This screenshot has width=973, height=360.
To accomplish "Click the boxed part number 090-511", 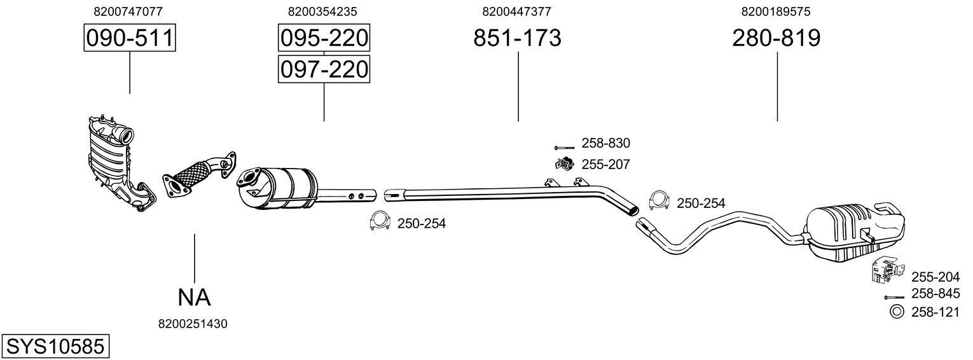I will [130, 38].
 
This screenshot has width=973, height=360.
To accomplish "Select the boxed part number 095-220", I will [324, 38].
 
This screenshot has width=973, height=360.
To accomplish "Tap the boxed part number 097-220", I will [324, 69].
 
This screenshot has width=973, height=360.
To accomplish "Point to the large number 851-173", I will [517, 38].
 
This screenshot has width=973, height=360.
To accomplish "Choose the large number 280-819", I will [776, 38].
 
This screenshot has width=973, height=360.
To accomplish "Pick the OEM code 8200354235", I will [322, 11].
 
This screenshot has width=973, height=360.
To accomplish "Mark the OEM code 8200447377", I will [516, 11].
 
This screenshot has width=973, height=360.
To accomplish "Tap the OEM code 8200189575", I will [775, 11].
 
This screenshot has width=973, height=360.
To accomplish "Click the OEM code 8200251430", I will [193, 324].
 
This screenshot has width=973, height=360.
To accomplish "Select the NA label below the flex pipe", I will [193, 296].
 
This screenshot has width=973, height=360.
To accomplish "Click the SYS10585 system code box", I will [55, 347].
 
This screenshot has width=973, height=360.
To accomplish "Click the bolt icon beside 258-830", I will [564, 147].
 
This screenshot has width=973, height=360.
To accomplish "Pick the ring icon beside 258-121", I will [896, 312].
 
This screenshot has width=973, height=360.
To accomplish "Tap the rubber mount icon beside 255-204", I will [884, 271].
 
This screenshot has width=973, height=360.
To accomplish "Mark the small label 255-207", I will [605, 165].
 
